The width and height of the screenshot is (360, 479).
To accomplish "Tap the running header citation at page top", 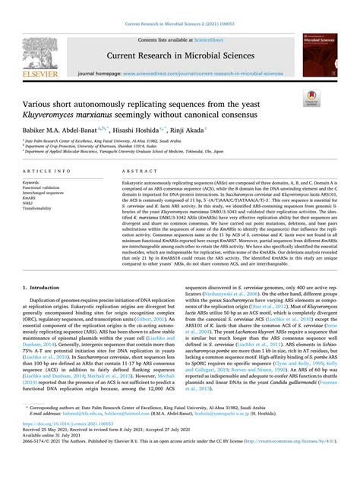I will click(180, 7).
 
